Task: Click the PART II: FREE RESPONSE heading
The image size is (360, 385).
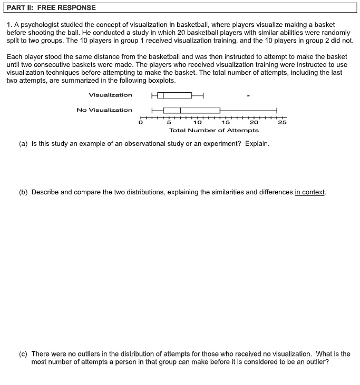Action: (51, 8)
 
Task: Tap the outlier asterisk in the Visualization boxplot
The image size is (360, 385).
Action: (248, 96)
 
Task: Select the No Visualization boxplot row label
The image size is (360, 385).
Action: (104, 110)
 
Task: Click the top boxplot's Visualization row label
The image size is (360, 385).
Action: (111, 95)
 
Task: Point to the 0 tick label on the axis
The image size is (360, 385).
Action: (141, 123)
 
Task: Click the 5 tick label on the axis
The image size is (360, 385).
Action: (169, 123)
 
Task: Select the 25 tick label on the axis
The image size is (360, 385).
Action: (282, 123)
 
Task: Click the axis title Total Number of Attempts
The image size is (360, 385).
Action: (213, 130)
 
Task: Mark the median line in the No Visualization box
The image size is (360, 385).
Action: (180, 110)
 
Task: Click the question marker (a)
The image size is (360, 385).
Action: (23, 143)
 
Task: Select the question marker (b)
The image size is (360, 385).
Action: (23, 192)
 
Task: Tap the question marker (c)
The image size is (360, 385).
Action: (23, 354)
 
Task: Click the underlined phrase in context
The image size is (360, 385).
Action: (310, 192)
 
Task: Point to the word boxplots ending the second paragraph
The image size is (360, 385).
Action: (159, 81)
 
